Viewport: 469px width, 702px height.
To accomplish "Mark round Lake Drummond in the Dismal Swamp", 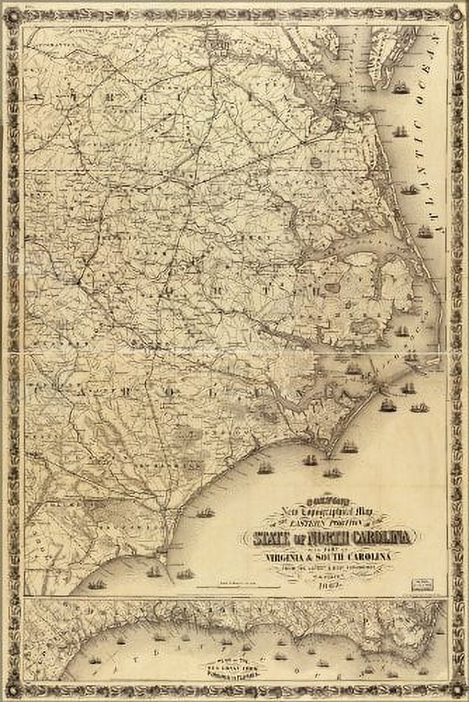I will tap(316, 162).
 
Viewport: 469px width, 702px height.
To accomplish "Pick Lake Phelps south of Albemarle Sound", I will tap(332, 287).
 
